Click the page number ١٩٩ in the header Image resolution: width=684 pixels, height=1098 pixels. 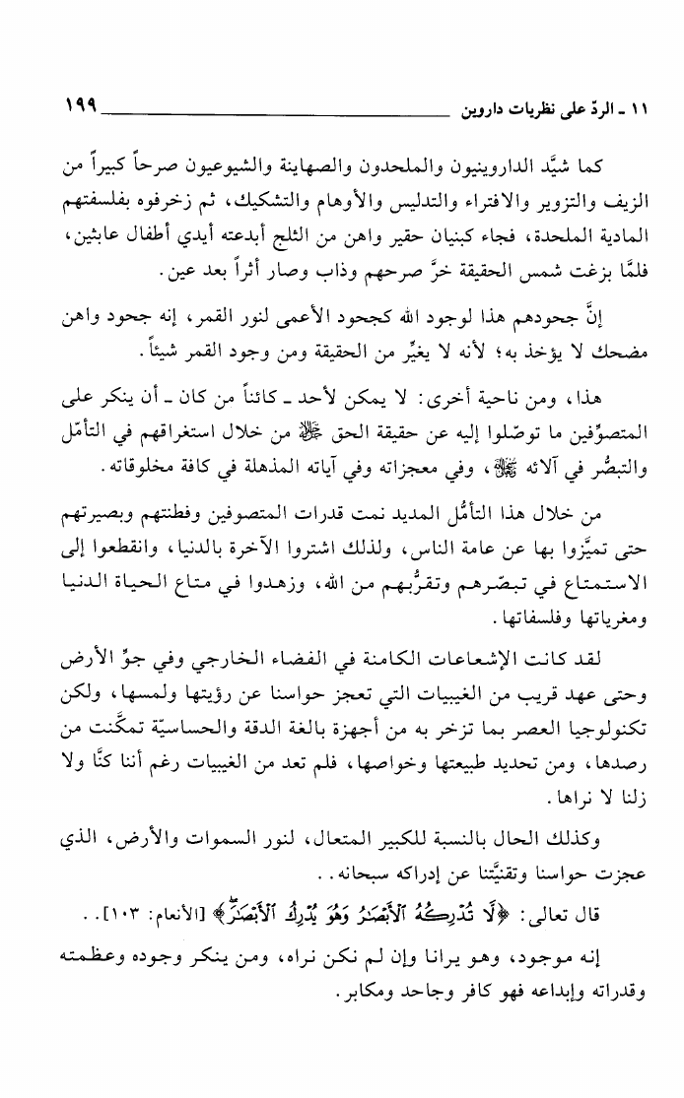pyautogui.click(x=80, y=101)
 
